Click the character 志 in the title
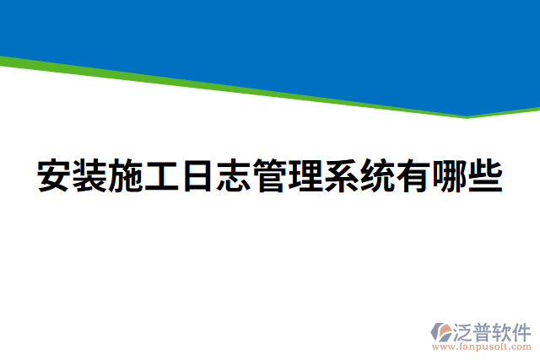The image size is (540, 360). [234, 175]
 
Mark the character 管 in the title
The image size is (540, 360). [270, 175]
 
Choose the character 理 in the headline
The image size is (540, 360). [305, 175]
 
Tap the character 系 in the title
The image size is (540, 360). [342, 175]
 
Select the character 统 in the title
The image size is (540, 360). [377, 175]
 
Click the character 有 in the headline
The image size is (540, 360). [413, 175]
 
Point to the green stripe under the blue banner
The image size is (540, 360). [253, 88]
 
